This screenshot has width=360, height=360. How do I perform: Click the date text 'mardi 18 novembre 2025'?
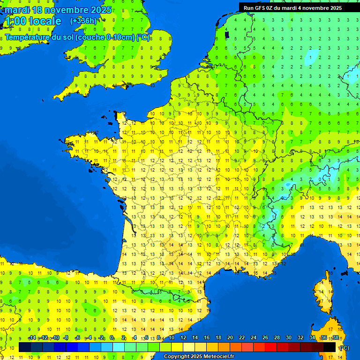[x=58, y=10]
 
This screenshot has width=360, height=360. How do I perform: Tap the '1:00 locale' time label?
[x=32, y=21]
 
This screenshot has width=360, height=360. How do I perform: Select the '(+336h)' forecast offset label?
[x=83, y=21]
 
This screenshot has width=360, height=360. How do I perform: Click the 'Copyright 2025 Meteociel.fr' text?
[x=199, y=357]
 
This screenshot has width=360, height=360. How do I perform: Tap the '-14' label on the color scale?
[x=32, y=338]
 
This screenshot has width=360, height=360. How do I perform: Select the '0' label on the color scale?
[x=112, y=338]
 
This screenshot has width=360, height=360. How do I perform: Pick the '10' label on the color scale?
[x=171, y=338]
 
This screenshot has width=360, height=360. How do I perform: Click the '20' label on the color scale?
[x=230, y=338]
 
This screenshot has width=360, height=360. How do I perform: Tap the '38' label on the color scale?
[x=335, y=338]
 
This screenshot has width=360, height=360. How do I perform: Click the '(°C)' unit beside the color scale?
[x=344, y=348]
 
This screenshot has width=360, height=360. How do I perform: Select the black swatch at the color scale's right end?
[x=330, y=347]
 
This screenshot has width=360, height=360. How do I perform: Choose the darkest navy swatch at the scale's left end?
[x=25, y=347]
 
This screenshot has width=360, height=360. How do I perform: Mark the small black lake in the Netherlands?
[x=227, y=34]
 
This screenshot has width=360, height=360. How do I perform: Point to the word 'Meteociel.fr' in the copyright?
[x=219, y=357]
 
